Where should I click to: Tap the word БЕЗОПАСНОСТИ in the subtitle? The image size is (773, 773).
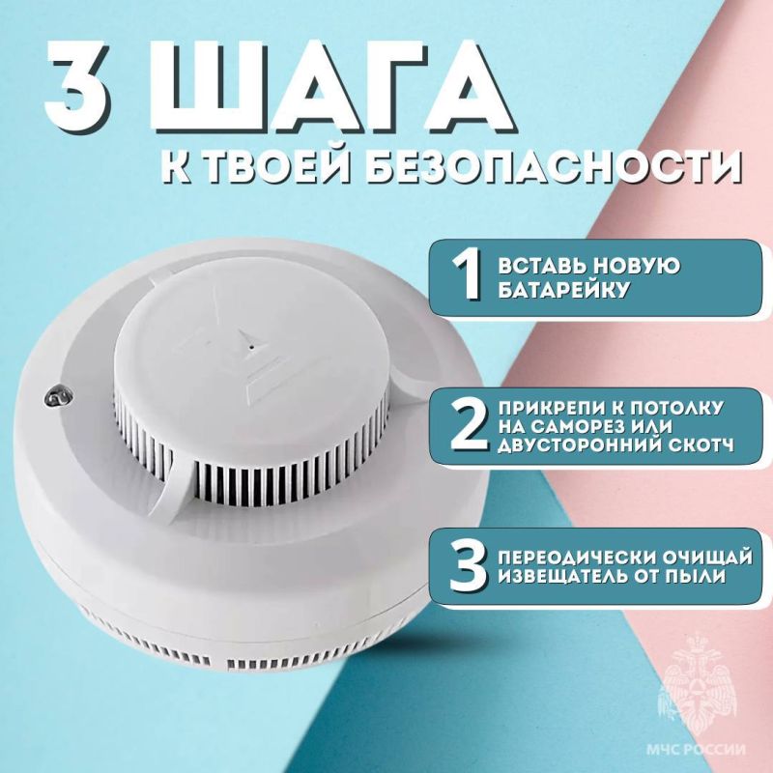tap(555, 167)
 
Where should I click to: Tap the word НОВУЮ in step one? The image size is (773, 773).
tap(636, 266)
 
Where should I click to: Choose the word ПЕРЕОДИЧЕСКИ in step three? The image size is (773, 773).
tap(575, 558)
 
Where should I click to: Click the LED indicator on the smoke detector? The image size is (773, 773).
tap(57, 395)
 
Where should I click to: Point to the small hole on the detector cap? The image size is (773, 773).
tap(252, 347)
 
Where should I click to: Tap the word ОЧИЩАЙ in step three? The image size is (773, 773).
tap(707, 558)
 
